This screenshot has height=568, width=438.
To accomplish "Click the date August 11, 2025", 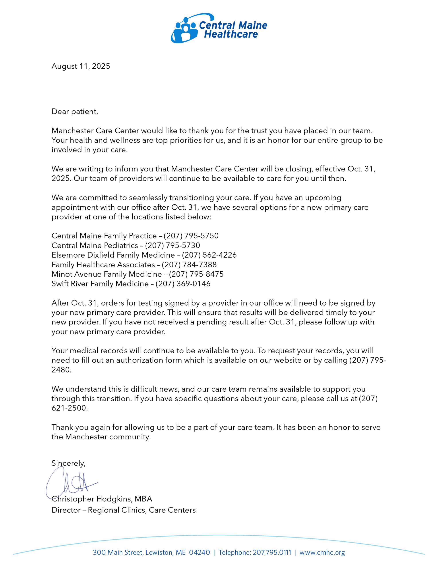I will coord(81,66).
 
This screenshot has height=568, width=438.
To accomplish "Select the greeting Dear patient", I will coord(75,112).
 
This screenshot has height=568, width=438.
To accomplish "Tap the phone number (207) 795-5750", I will coord(191,236).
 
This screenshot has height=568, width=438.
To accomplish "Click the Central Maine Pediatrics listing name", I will coord(95,246).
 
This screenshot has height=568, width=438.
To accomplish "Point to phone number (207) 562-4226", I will coord(209,255).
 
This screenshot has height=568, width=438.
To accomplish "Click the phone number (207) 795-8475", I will coord(196,274).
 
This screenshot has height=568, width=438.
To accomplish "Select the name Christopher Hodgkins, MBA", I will coord(102,499).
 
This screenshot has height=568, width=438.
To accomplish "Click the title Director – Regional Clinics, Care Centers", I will coord(124,510).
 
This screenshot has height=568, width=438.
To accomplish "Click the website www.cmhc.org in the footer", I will coord(322,552).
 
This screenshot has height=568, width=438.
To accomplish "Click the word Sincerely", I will coord(68,463).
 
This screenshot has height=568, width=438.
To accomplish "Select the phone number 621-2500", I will coord(69,408).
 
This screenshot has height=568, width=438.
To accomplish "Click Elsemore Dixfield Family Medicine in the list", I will coord(113,255).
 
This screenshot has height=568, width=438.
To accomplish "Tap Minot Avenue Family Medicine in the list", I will coord(107,274).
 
